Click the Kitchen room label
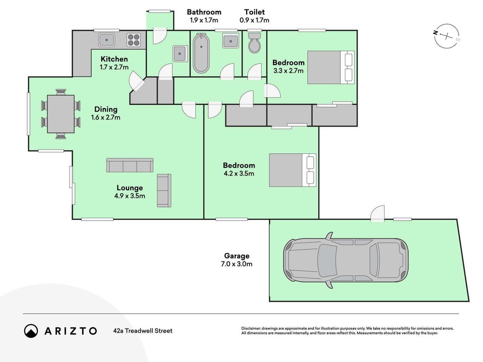(x=114, y=59)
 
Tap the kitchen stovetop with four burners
(x=134, y=40)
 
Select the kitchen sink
(x=106, y=40)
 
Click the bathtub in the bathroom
(x=201, y=53)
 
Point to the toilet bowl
(x=254, y=43)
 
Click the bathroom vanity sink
(x=230, y=41)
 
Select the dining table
(x=61, y=114)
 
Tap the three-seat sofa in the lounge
(x=129, y=165)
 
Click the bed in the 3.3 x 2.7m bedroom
(x=331, y=67)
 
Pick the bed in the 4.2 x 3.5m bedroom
(x=292, y=170)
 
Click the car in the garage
(x=346, y=261)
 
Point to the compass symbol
(x=447, y=36)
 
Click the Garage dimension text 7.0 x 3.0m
(x=237, y=264)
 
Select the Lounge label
(x=129, y=188)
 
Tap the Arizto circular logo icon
(x=31, y=331)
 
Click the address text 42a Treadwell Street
(x=143, y=331)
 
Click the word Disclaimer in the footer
(x=251, y=329)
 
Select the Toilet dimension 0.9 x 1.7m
(x=254, y=20)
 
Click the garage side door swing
(x=378, y=213)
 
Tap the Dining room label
(x=105, y=109)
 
